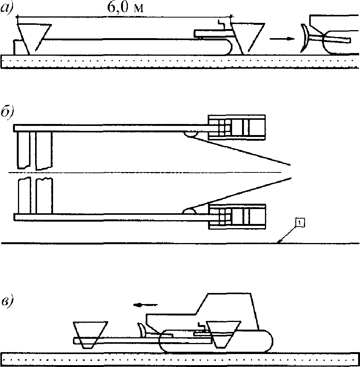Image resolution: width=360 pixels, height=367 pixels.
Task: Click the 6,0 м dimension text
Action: coord(125,8)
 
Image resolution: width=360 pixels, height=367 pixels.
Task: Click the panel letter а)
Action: coord(7,9)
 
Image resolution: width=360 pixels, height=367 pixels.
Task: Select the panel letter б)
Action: coord(7,113)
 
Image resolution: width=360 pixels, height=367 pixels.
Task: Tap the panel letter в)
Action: coord(7,302)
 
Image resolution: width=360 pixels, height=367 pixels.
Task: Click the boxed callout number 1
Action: coord(300,222)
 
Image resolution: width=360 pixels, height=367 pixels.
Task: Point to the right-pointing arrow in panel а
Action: coord(282,39)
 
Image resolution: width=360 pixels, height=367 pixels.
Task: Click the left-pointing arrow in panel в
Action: coord(145,305)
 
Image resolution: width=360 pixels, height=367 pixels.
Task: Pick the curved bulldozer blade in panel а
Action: coord(305,38)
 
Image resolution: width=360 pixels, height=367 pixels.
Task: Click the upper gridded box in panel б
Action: coord(237,127)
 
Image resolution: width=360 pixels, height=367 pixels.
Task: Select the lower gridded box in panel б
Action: coord(237,217)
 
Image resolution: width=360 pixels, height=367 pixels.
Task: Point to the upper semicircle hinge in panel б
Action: coord(190,134)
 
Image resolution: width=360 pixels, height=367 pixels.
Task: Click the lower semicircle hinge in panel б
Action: coord(189,211)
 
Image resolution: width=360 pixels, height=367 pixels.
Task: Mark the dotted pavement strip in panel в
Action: coord(180,359)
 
